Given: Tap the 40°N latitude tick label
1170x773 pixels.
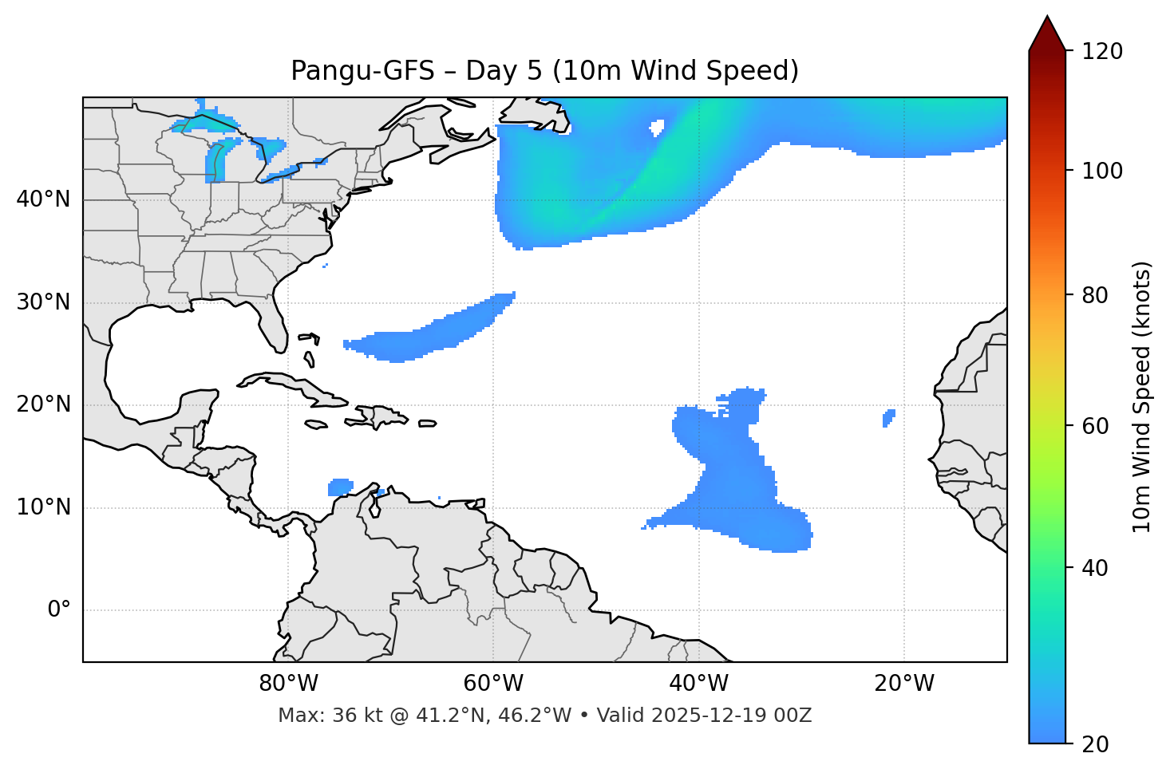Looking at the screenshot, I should coord(43,199).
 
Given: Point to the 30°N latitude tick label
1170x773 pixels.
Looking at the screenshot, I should coord(43,302).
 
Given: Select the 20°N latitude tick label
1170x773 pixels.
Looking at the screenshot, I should coord(43,404).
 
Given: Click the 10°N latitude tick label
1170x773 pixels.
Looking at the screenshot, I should coord(43,507).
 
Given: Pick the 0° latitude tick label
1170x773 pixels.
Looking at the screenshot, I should coord(59,610).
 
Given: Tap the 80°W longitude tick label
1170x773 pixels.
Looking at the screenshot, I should coord(288,684).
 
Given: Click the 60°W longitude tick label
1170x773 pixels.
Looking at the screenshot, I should coord(493,684).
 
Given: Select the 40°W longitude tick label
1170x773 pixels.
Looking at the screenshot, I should coord(698,684).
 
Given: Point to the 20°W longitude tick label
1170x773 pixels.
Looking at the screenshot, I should coord(904,684).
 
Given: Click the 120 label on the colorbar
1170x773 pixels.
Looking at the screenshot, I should coord(1102,52).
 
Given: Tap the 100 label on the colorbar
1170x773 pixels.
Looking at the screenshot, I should coord(1102,171).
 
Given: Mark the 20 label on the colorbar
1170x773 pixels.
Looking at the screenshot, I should coord(1094,744).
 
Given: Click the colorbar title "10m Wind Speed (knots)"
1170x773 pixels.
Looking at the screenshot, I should coord(1142,396).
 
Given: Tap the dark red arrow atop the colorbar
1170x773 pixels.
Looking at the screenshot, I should coord(1047,34).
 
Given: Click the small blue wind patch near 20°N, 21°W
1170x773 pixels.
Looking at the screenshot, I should coord(889,418).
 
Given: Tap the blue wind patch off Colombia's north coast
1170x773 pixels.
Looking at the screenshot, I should coord(341,487).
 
